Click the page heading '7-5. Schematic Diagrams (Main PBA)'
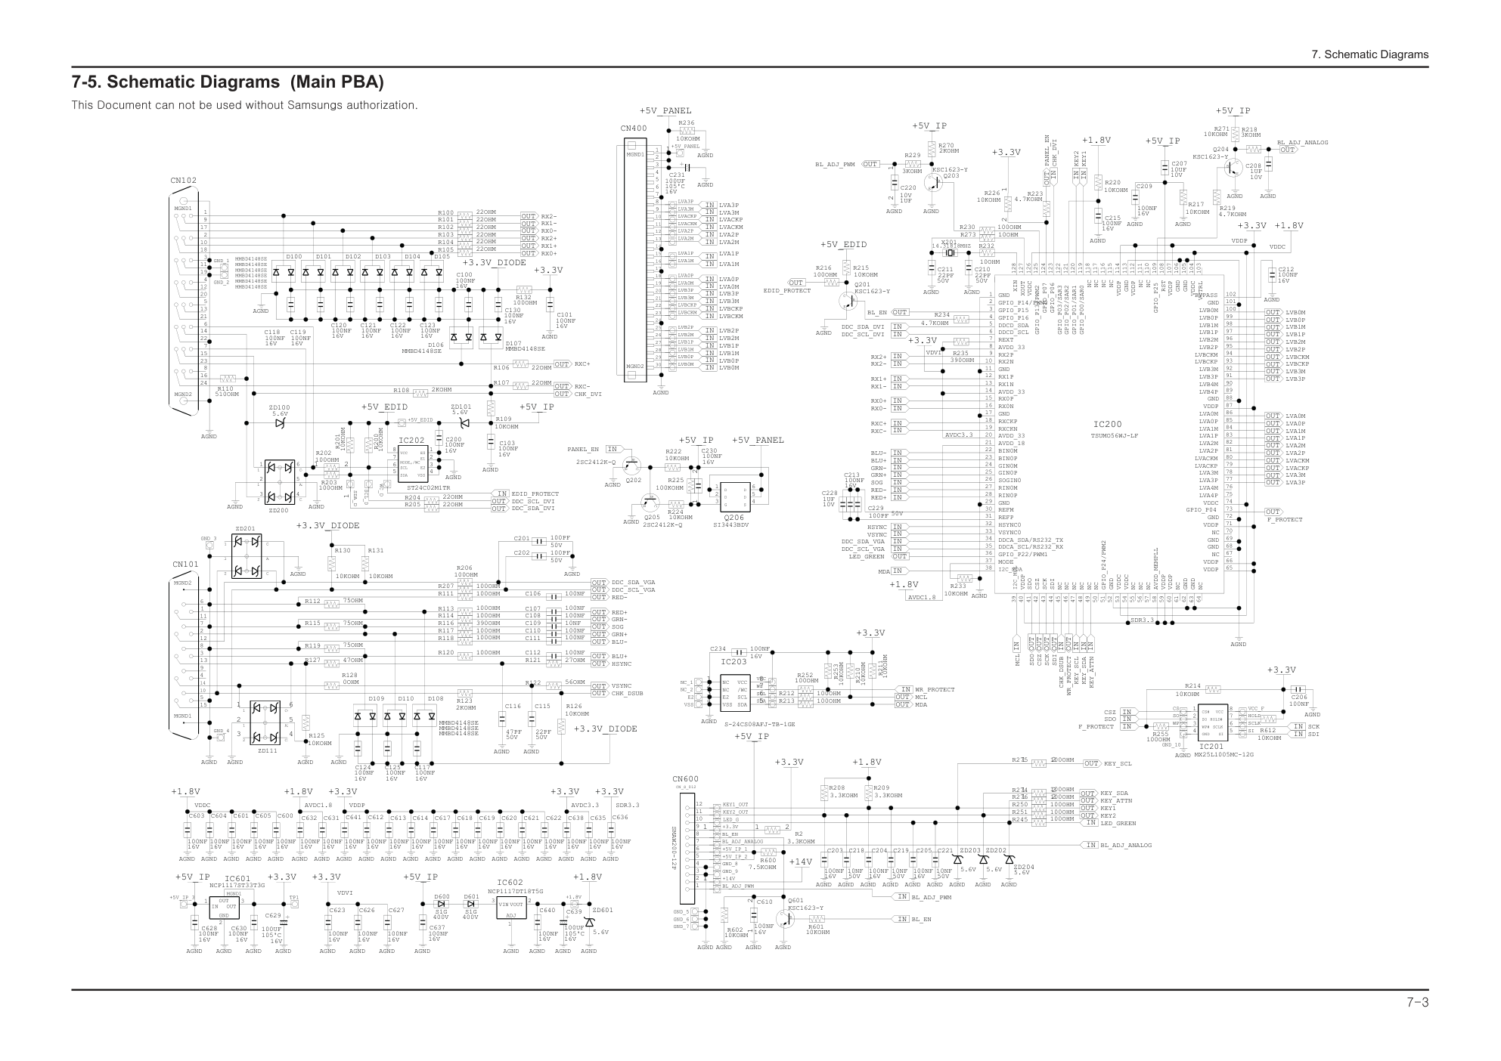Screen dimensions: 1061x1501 tap(228, 82)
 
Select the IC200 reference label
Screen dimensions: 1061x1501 tap(1108, 425)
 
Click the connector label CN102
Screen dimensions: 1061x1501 tap(183, 181)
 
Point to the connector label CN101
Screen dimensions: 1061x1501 tap(185, 565)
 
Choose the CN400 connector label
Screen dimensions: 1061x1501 tap(634, 128)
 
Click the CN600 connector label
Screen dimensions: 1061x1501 tap(685, 779)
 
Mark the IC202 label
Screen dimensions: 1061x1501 tap(411, 440)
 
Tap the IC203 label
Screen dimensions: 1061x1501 tap(733, 662)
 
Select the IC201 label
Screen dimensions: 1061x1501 tap(1211, 747)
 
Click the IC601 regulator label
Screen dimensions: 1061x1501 tap(237, 878)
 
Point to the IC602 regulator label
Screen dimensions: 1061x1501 tap(510, 883)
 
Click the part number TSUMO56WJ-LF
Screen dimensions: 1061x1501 tap(1114, 436)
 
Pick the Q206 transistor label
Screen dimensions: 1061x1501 tap(733, 518)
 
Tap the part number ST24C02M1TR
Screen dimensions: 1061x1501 tap(428, 487)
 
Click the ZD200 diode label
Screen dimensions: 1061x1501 tap(278, 511)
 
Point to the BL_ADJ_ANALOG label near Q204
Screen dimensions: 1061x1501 tap(1303, 142)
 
